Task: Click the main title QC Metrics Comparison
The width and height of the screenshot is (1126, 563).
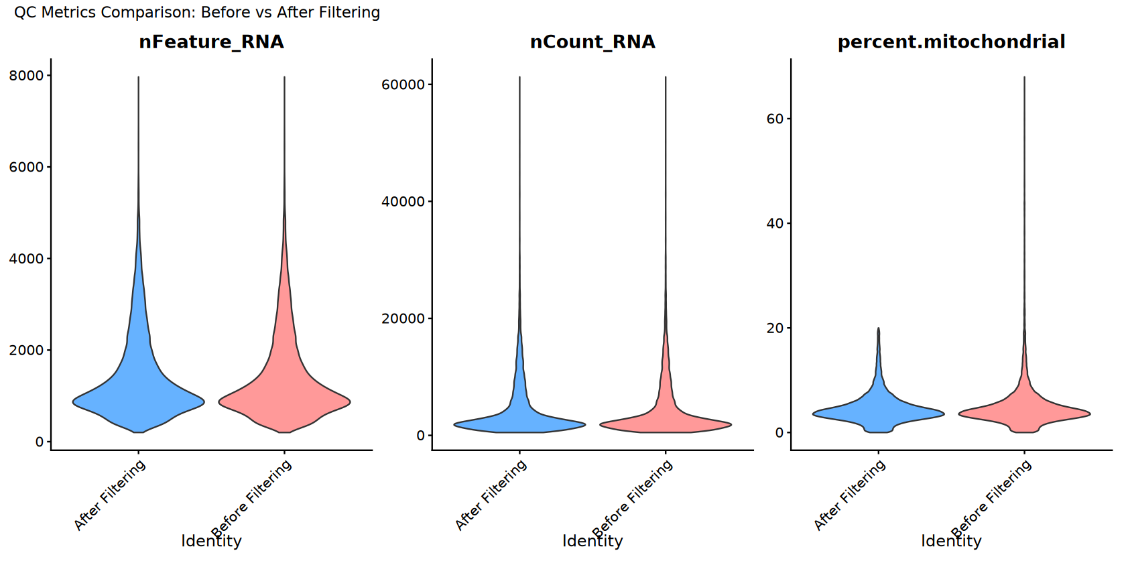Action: coord(197,13)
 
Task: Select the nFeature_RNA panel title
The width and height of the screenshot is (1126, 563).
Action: coord(211,42)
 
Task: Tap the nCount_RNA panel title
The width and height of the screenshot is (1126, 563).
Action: coord(592,42)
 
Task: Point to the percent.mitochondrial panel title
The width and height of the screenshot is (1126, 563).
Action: coord(951,42)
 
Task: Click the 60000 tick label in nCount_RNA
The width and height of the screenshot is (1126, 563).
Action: coord(403,84)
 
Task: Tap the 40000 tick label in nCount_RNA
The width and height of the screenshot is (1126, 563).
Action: coord(403,202)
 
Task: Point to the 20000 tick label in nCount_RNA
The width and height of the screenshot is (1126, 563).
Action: coord(403,318)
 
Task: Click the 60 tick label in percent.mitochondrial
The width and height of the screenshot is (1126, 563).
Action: coord(775,119)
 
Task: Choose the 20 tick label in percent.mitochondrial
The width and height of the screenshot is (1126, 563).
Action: coord(775,328)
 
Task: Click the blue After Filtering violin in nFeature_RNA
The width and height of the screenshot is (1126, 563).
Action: coord(139,395)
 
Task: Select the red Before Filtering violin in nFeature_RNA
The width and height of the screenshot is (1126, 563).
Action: coord(284,395)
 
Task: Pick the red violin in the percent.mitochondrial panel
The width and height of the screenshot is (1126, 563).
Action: coord(1024,412)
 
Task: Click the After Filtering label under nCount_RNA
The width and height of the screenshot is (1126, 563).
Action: coord(491,495)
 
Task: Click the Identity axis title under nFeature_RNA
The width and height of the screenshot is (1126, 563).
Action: coord(211,542)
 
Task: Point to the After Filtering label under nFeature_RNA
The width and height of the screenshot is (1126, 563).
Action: coord(110,495)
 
